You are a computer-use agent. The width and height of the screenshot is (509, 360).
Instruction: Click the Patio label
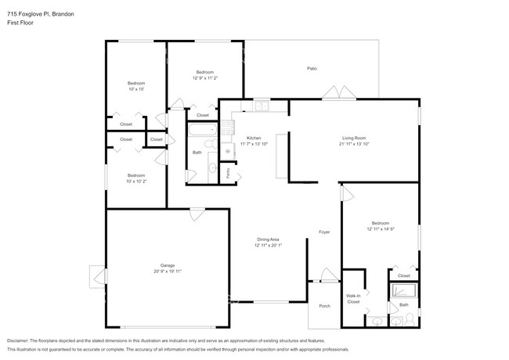pyautogui.click(x=311, y=69)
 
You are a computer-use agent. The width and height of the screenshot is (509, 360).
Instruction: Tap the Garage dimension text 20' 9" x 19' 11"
pyautogui.click(x=168, y=271)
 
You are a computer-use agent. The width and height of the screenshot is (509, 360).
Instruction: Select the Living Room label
pyautogui.click(x=353, y=138)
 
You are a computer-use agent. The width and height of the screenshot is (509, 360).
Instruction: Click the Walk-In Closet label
pyautogui.click(x=353, y=298)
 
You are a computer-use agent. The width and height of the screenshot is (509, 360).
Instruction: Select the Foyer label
pyautogui.click(x=324, y=232)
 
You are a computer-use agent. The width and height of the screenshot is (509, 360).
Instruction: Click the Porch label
pyautogui.click(x=324, y=306)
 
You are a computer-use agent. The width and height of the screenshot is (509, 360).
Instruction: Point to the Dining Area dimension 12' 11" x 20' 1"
pyautogui.click(x=269, y=245)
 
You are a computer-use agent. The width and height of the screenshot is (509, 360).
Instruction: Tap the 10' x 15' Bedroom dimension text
pyautogui.click(x=135, y=89)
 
